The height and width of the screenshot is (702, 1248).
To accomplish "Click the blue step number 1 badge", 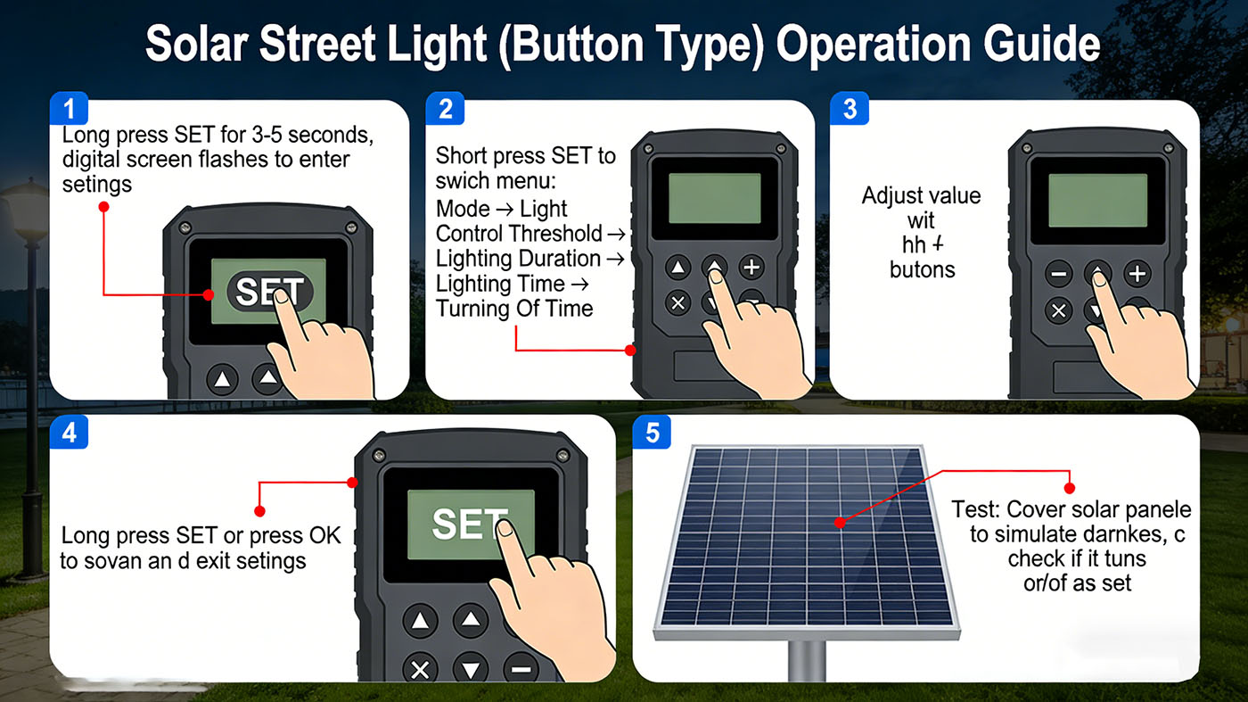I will pos(70,110).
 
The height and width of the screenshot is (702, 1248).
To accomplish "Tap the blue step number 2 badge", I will pos(446,110).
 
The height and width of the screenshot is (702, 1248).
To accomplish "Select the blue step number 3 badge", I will pos(850,110).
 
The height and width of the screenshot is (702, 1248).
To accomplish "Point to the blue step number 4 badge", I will pos(70,433).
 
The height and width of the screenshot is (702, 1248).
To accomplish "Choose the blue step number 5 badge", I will pos(653,433).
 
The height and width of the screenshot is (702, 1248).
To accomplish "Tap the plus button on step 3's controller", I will pos(1137,273).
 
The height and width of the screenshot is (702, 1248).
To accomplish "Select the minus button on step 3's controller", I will pos(1058,273).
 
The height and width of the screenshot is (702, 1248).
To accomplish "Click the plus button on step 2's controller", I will pos(751,267).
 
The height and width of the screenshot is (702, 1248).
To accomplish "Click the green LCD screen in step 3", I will pos(1096,201).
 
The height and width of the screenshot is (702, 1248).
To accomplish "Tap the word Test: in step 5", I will pos(976,510).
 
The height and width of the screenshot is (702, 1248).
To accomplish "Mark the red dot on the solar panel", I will pos(839,523).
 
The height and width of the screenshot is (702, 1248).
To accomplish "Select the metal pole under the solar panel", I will pos(806,660).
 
